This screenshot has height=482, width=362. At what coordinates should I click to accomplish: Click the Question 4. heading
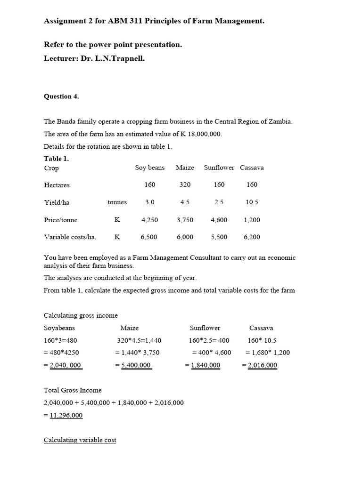[61, 96]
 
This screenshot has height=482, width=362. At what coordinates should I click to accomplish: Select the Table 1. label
[56, 159]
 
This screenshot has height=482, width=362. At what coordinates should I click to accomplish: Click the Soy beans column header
[149, 168]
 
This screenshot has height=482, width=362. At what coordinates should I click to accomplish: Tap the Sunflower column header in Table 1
[219, 168]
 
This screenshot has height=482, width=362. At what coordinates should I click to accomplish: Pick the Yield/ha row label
[57, 202]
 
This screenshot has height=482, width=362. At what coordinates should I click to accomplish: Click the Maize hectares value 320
[185, 185]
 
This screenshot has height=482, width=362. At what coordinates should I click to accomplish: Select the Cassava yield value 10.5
[252, 202]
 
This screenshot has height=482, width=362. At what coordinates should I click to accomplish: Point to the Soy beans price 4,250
[149, 220]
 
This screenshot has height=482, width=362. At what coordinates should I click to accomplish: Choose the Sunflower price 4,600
[219, 220]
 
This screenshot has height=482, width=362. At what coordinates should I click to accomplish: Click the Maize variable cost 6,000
[185, 237]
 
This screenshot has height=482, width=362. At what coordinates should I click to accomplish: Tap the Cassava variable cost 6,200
[252, 237]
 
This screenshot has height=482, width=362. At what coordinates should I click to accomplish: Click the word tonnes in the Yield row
[117, 202]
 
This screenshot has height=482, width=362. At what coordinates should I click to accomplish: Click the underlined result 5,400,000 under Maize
[136, 365]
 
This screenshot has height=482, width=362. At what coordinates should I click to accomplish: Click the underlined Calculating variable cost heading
[80, 440]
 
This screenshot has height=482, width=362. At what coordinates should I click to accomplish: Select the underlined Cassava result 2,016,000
[263, 365]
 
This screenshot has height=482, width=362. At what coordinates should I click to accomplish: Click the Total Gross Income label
[73, 390]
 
